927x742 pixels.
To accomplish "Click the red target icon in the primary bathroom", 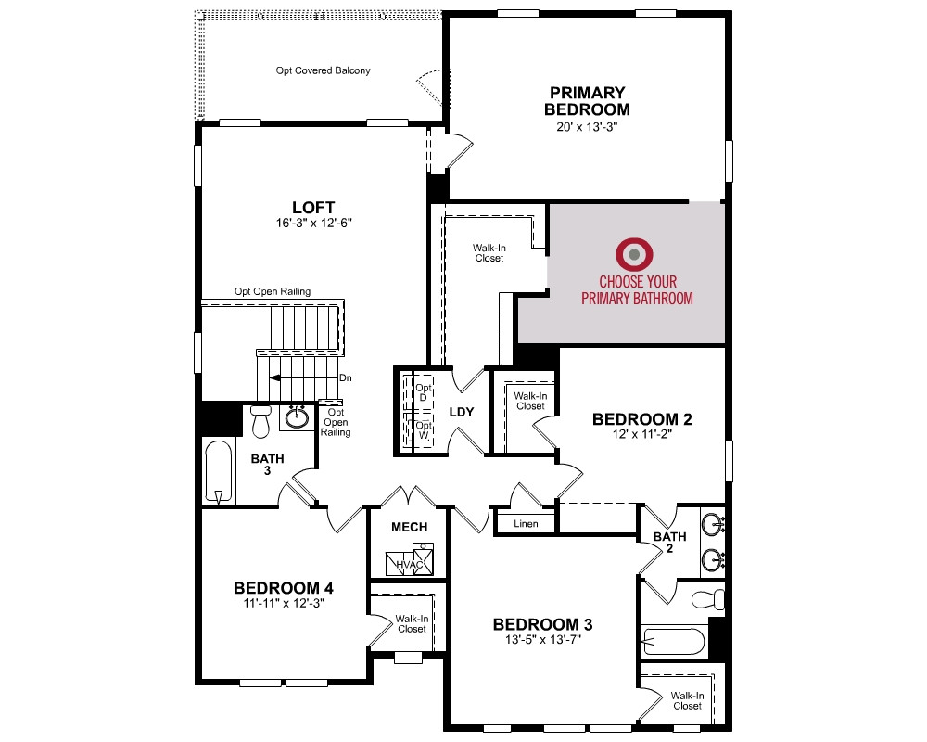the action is [634, 254].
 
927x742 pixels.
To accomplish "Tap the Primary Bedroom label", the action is [587, 101].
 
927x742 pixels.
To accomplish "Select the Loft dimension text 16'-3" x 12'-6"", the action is [314, 224].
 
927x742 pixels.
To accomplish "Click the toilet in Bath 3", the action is [260, 420].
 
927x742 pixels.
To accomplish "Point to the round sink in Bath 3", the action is [297, 417].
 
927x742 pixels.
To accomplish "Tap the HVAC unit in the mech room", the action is [410, 559].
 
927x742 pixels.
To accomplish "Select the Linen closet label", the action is [526, 524].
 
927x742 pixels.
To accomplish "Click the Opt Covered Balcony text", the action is [323, 70].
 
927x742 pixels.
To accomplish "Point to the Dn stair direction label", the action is [345, 378].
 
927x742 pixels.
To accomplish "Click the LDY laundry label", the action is [461, 412].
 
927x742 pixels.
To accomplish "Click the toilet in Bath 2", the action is [708, 599].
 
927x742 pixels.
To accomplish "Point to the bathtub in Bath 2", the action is [674, 641].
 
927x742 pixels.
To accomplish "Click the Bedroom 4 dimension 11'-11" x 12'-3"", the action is [284, 604].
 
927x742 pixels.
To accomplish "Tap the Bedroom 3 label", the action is [542, 624].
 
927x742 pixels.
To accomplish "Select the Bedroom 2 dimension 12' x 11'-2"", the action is [642, 434].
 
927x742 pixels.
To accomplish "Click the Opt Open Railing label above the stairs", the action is [273, 291].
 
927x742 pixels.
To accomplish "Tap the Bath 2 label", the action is [670, 542].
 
